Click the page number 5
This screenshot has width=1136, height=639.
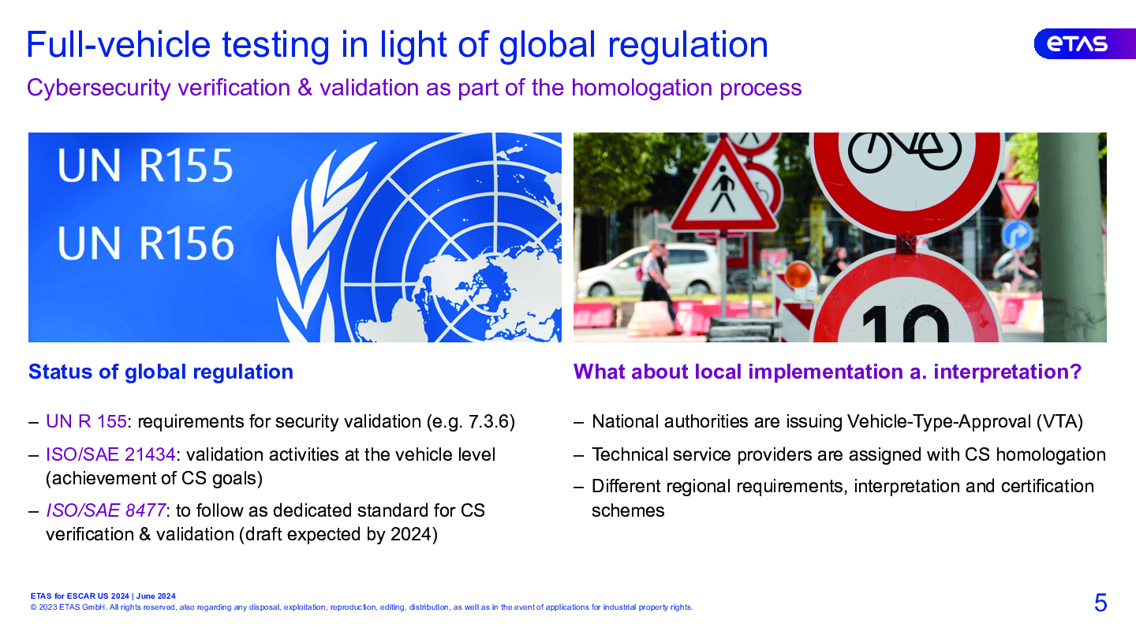pyautogui.click(x=1100, y=603)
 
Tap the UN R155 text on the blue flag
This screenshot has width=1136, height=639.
pyautogui.click(x=145, y=166)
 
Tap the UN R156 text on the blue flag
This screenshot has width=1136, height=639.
pyautogui.click(x=145, y=244)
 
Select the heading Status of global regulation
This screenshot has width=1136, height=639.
pyautogui.click(x=161, y=372)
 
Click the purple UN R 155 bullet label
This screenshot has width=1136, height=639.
pyautogui.click(x=86, y=421)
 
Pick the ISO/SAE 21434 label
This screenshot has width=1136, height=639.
pyautogui.click(x=110, y=454)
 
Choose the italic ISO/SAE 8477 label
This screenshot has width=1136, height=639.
pyautogui.click(x=106, y=510)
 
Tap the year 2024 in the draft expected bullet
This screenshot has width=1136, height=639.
pyautogui.click(x=411, y=535)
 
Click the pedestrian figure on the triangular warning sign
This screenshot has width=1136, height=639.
pyautogui.click(x=722, y=188)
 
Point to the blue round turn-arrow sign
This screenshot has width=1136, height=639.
pyautogui.click(x=1017, y=235)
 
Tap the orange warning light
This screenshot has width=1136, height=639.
pyautogui.click(x=798, y=275)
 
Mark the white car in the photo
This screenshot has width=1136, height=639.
pyautogui.click(x=649, y=271)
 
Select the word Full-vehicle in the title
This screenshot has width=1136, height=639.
pyautogui.click(x=118, y=45)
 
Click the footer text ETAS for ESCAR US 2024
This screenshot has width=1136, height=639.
pyautogui.click(x=80, y=596)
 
